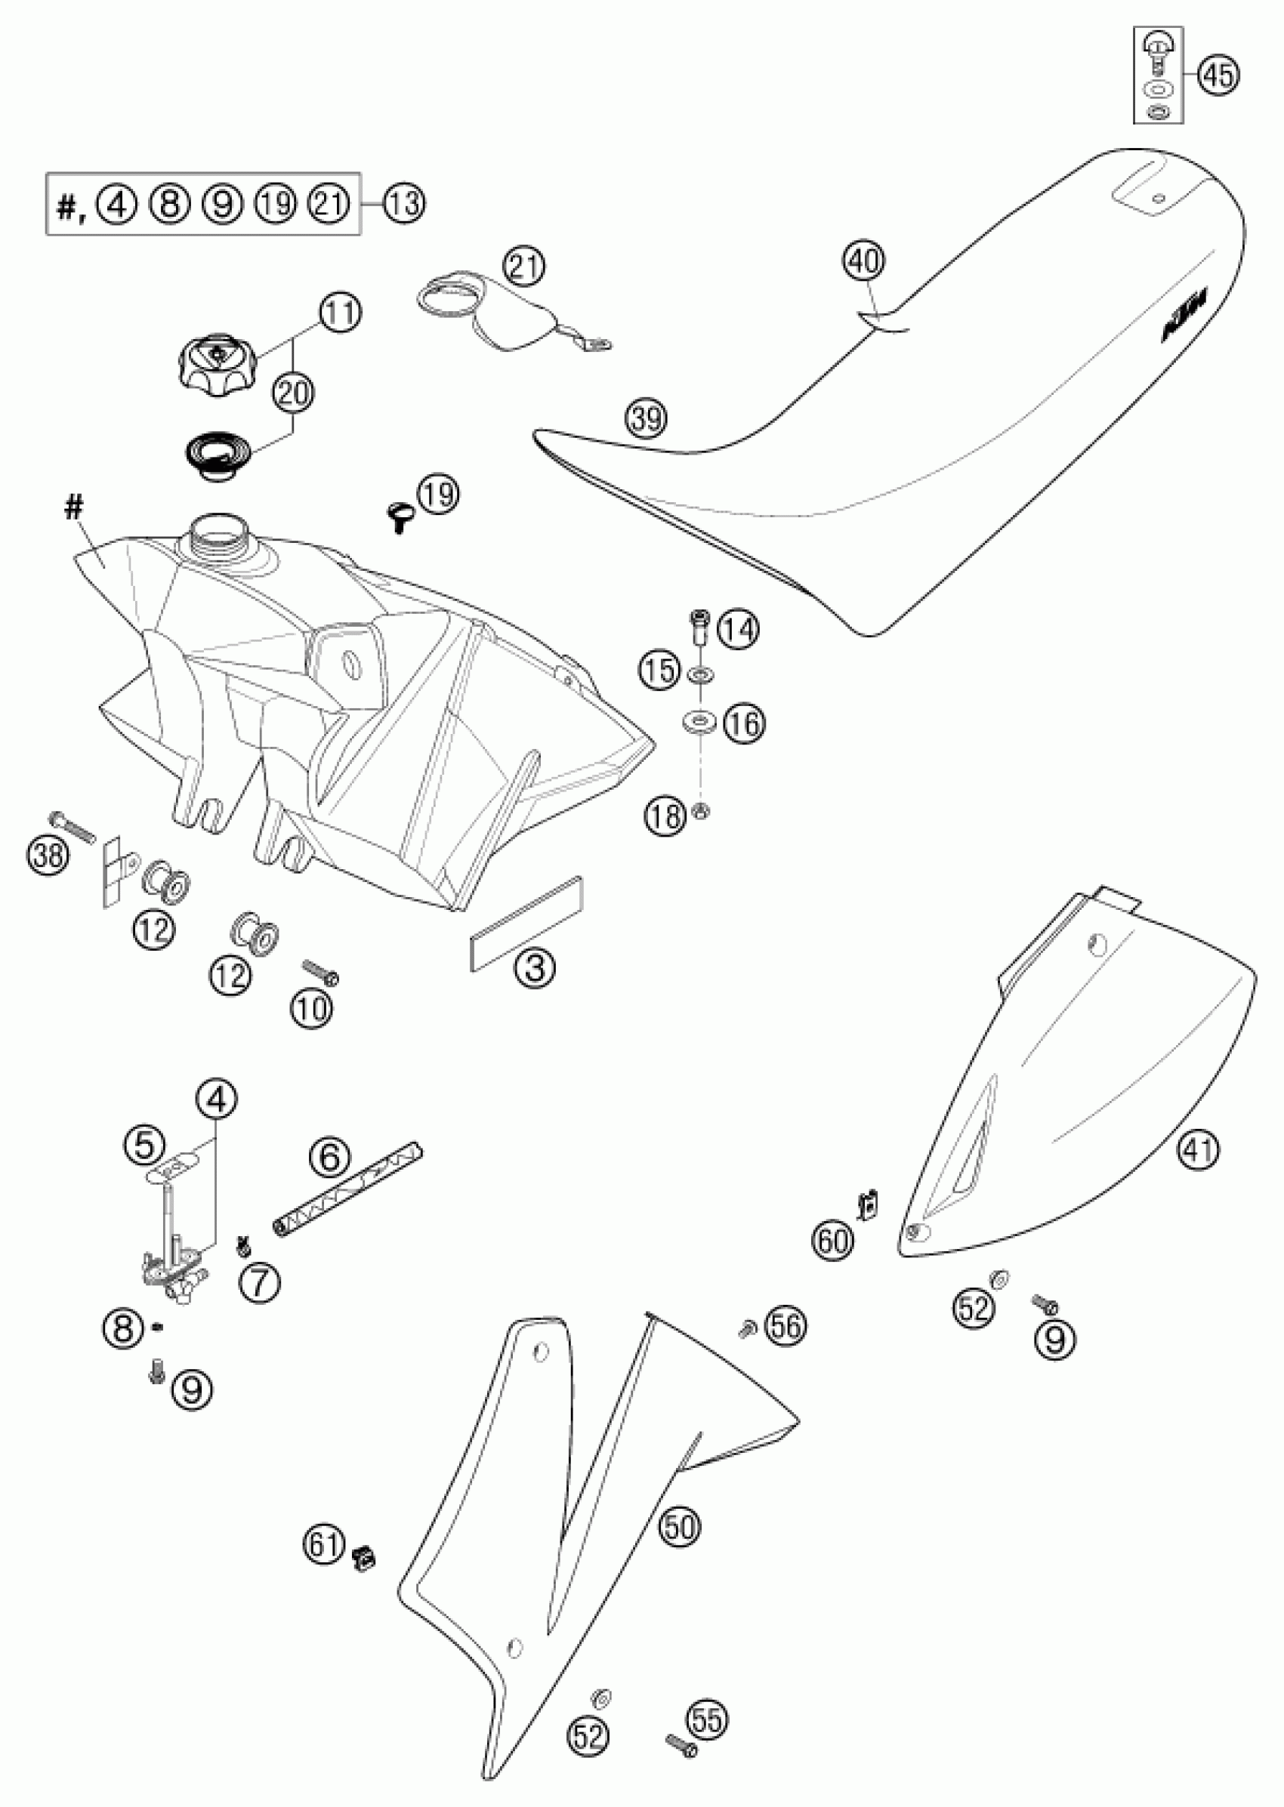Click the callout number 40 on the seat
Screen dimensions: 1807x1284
(863, 260)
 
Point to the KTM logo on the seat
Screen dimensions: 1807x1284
(1184, 316)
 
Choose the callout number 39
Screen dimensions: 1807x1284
(646, 418)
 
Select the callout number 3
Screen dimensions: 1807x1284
(536, 966)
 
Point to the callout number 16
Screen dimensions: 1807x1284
(745, 722)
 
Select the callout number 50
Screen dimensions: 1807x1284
(679, 1526)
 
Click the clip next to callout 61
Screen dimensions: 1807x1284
(364, 1558)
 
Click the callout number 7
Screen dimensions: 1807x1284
(259, 1281)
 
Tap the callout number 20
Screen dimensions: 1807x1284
(292, 393)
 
